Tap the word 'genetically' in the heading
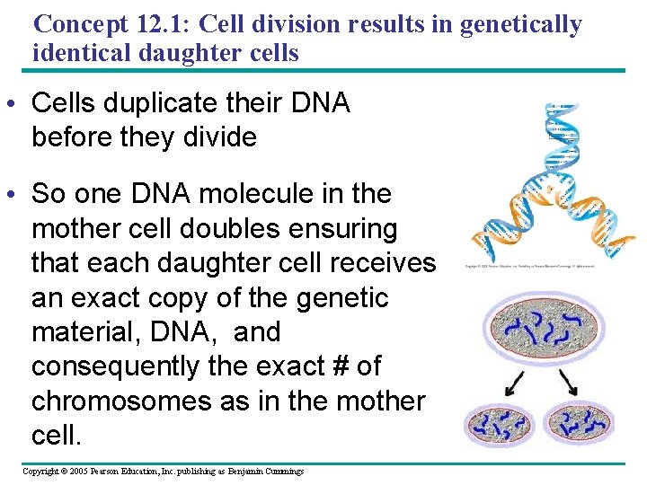[520, 24]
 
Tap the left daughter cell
[500, 422]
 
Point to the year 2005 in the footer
[81, 472]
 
